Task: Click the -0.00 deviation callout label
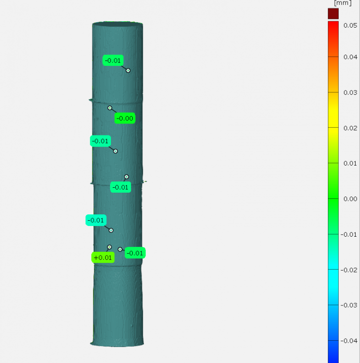(125, 118)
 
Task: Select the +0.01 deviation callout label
(103, 257)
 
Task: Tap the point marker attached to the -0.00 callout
(110, 108)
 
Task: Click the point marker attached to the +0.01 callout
(110, 247)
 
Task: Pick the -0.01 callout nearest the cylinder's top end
(113, 60)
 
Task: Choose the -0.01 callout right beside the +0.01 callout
(135, 253)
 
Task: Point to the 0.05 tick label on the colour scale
(350, 26)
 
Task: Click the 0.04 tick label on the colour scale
(350, 57)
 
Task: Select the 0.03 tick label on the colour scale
(350, 92)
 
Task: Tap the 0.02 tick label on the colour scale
(350, 128)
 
